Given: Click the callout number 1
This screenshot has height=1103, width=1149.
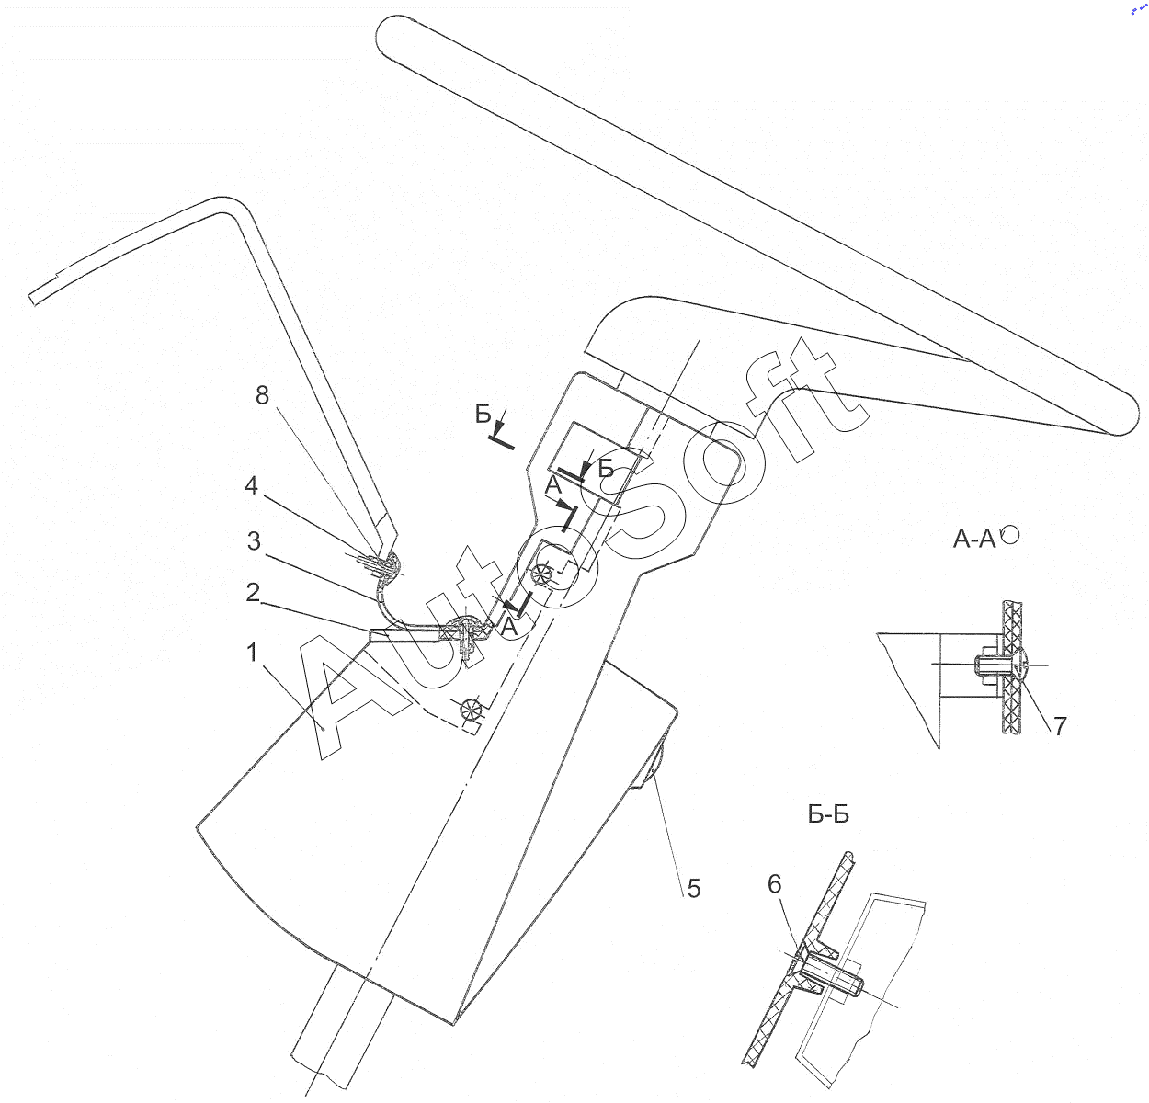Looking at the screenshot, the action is coord(252,653).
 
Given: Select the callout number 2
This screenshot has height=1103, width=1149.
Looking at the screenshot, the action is coord(253,592).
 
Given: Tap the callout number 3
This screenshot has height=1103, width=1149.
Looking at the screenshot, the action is coord(254,540).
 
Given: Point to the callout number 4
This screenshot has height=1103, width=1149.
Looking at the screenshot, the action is coord(252,485).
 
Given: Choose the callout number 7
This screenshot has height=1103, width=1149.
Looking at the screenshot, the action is coord(1061,726).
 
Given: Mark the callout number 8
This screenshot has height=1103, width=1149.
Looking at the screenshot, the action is coord(262,395).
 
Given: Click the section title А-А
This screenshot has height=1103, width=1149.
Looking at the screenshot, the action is coord(974,540).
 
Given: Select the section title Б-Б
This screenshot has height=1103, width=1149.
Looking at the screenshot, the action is coord(828,815).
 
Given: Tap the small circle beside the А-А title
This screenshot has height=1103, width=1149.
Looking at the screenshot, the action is coord(1011,535).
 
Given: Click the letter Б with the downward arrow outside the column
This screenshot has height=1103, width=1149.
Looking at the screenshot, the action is coord(483,415).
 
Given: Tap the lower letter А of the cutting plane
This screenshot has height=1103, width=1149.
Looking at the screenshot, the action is coord(509,627).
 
